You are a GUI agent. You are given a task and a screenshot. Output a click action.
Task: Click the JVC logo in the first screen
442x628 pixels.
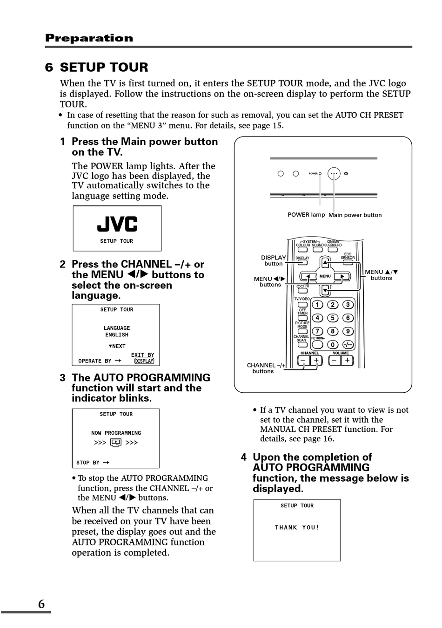[117, 224]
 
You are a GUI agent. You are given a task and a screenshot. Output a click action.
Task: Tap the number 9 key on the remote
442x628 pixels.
[348, 331]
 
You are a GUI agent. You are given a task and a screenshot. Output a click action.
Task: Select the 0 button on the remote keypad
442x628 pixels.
[332, 345]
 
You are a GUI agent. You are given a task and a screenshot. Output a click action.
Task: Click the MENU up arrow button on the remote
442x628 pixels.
[325, 264]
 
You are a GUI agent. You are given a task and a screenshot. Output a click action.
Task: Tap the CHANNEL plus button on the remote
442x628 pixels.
[316, 360]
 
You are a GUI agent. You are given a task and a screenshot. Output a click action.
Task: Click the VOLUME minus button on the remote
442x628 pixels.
[335, 360]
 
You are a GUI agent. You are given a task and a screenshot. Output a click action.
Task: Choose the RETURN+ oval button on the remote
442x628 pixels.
[317, 345]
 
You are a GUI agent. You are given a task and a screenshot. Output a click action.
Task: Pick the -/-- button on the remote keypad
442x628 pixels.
[348, 345]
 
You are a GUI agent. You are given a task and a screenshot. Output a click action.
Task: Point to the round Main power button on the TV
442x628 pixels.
[334, 174]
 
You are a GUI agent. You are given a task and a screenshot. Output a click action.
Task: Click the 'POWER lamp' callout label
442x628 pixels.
[306, 215]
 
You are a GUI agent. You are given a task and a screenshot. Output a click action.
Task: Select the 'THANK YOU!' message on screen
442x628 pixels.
[297, 527]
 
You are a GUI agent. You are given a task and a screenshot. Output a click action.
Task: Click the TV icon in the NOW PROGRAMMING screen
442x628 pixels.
[116, 443]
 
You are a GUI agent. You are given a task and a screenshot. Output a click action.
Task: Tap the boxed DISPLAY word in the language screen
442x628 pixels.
[144, 361]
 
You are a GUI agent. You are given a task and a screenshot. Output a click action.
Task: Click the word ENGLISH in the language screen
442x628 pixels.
[117, 335]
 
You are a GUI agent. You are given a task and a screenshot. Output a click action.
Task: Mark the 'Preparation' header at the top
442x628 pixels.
[89, 38]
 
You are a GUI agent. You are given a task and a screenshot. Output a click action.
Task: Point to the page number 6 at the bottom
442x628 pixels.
[41, 604]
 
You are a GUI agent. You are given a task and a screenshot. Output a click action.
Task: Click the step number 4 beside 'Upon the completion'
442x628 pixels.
[244, 457]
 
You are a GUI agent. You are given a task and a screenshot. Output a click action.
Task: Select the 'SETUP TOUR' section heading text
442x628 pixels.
[104, 68]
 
